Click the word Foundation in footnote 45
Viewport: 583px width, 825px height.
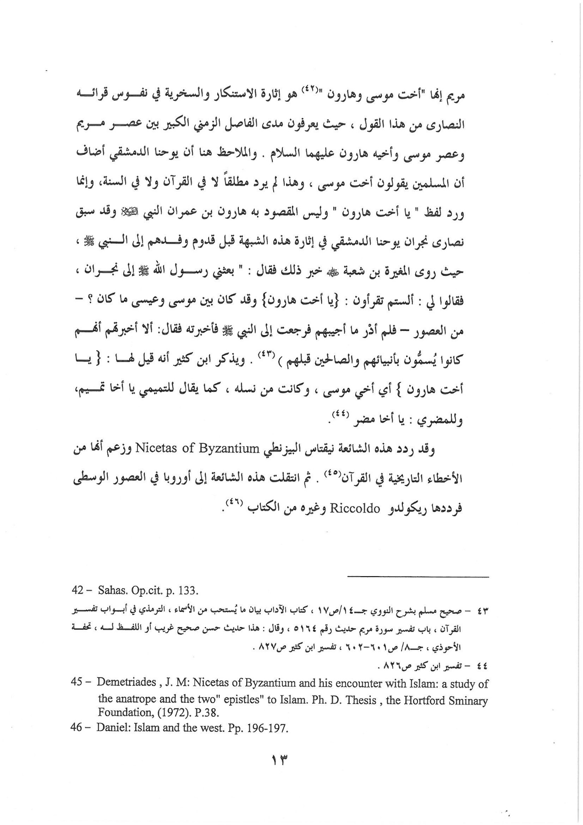(x=119, y=713)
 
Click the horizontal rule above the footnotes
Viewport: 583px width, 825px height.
(x=418, y=576)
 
